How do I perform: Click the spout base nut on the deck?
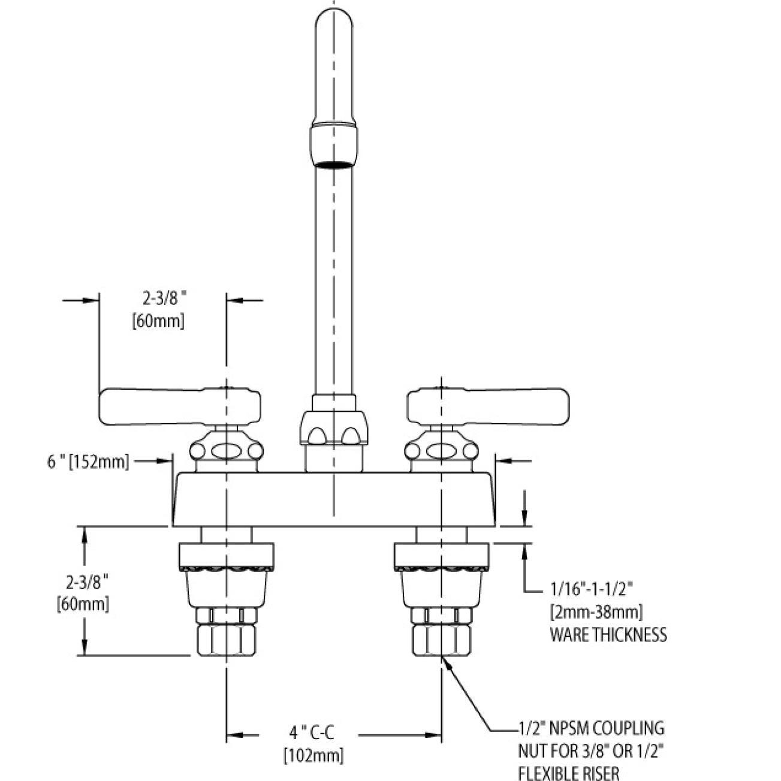point(333,426)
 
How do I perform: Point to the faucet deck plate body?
point(333,500)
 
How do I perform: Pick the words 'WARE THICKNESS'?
point(608,634)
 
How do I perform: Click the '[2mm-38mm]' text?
point(596,613)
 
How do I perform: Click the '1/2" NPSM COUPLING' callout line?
point(590,728)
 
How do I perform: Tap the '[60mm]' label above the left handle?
point(157,321)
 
